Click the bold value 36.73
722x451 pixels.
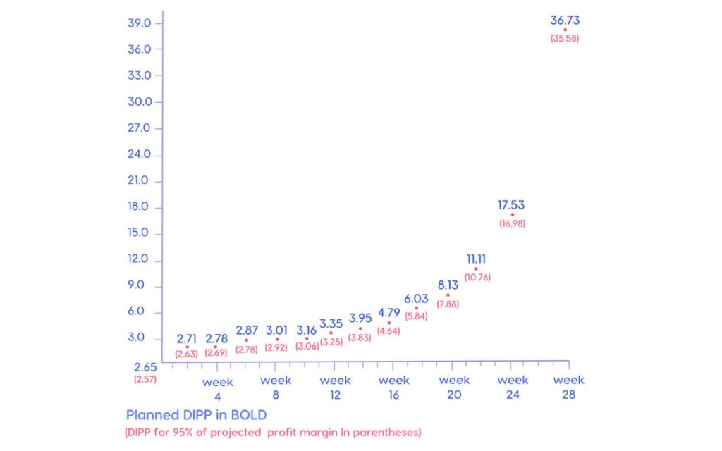click(565, 20)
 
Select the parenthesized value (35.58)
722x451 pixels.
click(565, 39)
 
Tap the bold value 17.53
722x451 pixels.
click(511, 205)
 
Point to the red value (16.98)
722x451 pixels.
click(512, 224)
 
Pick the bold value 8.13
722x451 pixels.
click(448, 285)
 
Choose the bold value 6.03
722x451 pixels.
click(416, 299)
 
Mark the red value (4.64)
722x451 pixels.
click(389, 330)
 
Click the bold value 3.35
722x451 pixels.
click(331, 324)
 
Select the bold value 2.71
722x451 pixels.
click(187, 338)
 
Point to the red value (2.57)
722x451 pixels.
click(145, 379)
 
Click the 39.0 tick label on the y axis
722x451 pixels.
click(140, 23)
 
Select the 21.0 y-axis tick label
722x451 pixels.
click(139, 180)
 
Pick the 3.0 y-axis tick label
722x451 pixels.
click(135, 338)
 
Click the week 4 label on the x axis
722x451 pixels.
click(217, 388)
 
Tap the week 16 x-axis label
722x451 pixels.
click(394, 388)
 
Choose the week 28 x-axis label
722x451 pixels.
click(569, 388)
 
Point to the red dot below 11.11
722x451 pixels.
click(476, 268)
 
